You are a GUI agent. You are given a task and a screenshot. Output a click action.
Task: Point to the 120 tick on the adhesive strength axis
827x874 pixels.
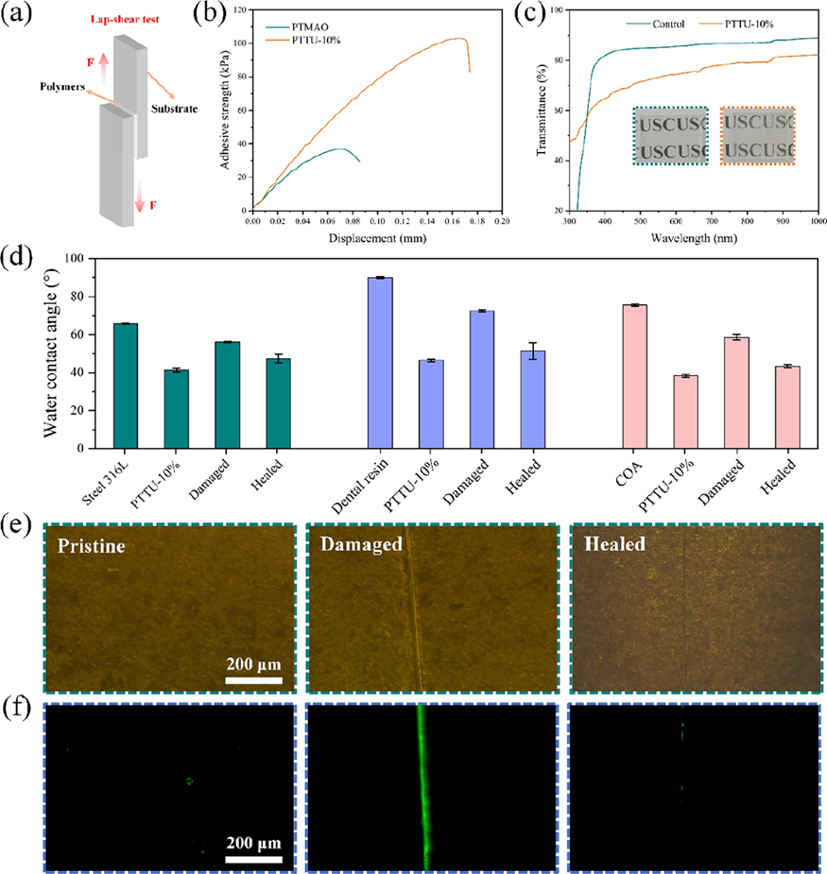coord(239,10)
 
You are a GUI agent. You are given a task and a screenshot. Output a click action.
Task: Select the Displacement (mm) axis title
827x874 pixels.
coord(376,238)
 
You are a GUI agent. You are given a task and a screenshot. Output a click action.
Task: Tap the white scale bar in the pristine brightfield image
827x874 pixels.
coord(253,678)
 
